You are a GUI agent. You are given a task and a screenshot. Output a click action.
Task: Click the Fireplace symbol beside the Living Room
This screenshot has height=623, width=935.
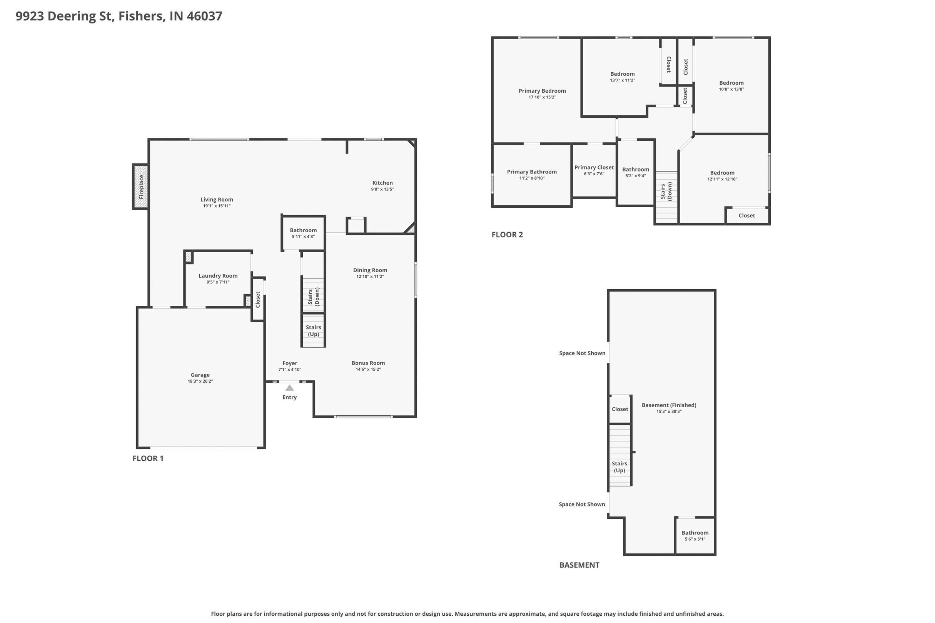[141, 187]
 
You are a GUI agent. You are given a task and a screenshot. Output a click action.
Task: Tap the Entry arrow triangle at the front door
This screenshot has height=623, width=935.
[289, 388]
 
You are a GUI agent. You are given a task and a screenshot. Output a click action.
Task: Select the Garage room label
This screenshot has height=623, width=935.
[200, 375]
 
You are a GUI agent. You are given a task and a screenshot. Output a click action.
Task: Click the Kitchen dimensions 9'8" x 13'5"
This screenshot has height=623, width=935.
[382, 189]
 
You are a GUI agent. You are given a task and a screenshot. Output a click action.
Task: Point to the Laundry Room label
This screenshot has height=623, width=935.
[218, 276]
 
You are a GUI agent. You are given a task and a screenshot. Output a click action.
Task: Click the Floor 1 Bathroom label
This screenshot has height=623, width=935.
[303, 230]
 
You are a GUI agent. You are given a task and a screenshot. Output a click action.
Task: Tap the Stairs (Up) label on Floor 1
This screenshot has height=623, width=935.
[313, 331]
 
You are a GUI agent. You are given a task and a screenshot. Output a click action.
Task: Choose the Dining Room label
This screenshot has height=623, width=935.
[370, 270]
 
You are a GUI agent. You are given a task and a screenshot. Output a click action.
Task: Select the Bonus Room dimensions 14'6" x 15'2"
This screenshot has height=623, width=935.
[368, 369]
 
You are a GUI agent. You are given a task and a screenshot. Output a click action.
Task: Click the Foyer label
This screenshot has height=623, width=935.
[289, 363]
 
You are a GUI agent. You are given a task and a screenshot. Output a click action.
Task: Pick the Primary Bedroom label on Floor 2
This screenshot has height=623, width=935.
[542, 91]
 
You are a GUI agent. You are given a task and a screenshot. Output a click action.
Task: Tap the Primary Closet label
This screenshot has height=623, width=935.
[594, 168]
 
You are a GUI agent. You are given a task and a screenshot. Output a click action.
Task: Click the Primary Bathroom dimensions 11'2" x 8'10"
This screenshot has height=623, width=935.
[531, 178]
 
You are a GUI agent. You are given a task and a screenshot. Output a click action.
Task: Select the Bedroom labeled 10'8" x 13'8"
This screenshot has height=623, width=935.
[731, 83]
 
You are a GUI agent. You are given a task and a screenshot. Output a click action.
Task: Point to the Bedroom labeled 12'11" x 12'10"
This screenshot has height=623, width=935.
[722, 173]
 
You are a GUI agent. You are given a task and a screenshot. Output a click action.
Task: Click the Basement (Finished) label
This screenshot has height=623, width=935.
[669, 405]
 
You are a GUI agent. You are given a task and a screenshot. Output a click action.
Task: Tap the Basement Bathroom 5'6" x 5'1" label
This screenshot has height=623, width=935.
[695, 533]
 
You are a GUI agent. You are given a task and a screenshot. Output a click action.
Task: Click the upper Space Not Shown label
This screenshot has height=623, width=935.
[582, 353]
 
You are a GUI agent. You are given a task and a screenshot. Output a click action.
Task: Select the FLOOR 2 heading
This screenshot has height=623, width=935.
[507, 235]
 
